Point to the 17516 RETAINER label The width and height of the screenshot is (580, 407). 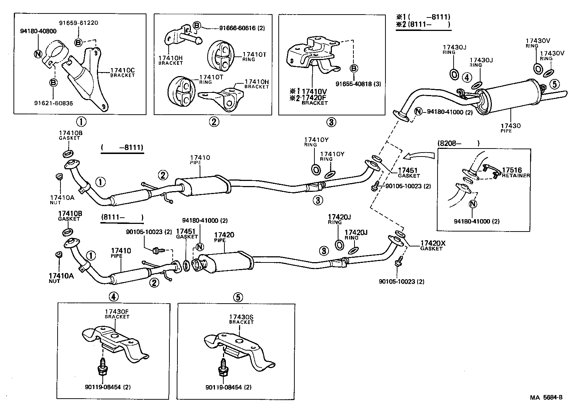[x=513, y=172]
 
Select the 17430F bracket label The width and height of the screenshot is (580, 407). [x=117, y=314]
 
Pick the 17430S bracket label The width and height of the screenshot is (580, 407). [x=241, y=319]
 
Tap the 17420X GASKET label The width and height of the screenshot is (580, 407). [x=432, y=245]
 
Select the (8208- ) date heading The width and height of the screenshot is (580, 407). [x=458, y=143]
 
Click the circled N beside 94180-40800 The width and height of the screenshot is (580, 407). [x=38, y=54]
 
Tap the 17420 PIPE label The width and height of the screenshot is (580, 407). [x=224, y=237]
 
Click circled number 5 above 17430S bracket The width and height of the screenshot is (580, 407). [x=237, y=297]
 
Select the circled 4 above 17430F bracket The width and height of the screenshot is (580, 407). [x=113, y=297]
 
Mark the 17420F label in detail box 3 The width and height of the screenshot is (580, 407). [x=315, y=98]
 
